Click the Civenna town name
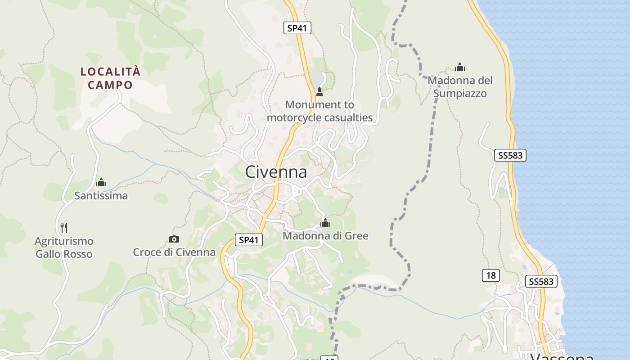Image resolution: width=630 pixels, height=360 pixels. tap(276, 172)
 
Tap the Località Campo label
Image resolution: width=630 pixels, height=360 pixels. tap(110, 78)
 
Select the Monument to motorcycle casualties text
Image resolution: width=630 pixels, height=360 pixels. tap(319, 111)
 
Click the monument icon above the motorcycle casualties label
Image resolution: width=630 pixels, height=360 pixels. tap(319, 92)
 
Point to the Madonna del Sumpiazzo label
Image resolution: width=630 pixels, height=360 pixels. tap(460, 87)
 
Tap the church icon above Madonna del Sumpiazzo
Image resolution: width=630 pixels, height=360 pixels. tap(460, 67)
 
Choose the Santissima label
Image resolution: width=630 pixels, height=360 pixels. tap(101, 196)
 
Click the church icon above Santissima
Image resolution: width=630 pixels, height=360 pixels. tap(101, 182)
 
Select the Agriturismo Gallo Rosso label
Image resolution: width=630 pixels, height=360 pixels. tap(64, 247)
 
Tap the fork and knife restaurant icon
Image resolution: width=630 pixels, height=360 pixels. tap(64, 227)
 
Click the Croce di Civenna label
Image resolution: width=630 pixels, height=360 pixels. tap(174, 252)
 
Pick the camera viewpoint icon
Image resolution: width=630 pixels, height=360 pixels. tap(174, 239)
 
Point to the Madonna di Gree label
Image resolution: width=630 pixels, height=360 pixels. tap(325, 236)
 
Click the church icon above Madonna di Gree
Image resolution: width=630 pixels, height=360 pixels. tap(325, 222)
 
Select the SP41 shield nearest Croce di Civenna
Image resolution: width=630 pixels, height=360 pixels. tap(249, 240)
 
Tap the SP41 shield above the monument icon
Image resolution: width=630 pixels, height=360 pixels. tap(297, 28)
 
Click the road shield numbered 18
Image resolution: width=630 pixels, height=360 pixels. tap(490, 275)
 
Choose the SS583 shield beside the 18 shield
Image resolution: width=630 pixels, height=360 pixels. tap(541, 282)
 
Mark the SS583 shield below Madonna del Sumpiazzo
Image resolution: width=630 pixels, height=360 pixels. tap(510, 155)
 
